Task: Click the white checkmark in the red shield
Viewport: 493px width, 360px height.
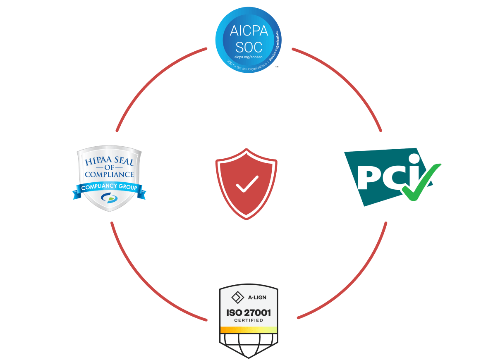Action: (247, 184)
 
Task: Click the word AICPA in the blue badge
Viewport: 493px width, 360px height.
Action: (249, 31)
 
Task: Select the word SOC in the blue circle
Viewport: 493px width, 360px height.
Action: (249, 47)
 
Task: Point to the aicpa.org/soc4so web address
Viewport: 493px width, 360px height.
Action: (248, 57)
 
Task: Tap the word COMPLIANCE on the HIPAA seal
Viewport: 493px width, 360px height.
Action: (109, 175)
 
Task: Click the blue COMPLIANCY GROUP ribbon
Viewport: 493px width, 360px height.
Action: (109, 188)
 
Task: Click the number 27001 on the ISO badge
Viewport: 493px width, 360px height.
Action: (258, 312)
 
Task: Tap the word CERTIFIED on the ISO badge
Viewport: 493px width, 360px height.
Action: (249, 320)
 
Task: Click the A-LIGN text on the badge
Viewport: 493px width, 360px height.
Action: (257, 297)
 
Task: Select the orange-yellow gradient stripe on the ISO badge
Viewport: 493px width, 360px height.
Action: (249, 329)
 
